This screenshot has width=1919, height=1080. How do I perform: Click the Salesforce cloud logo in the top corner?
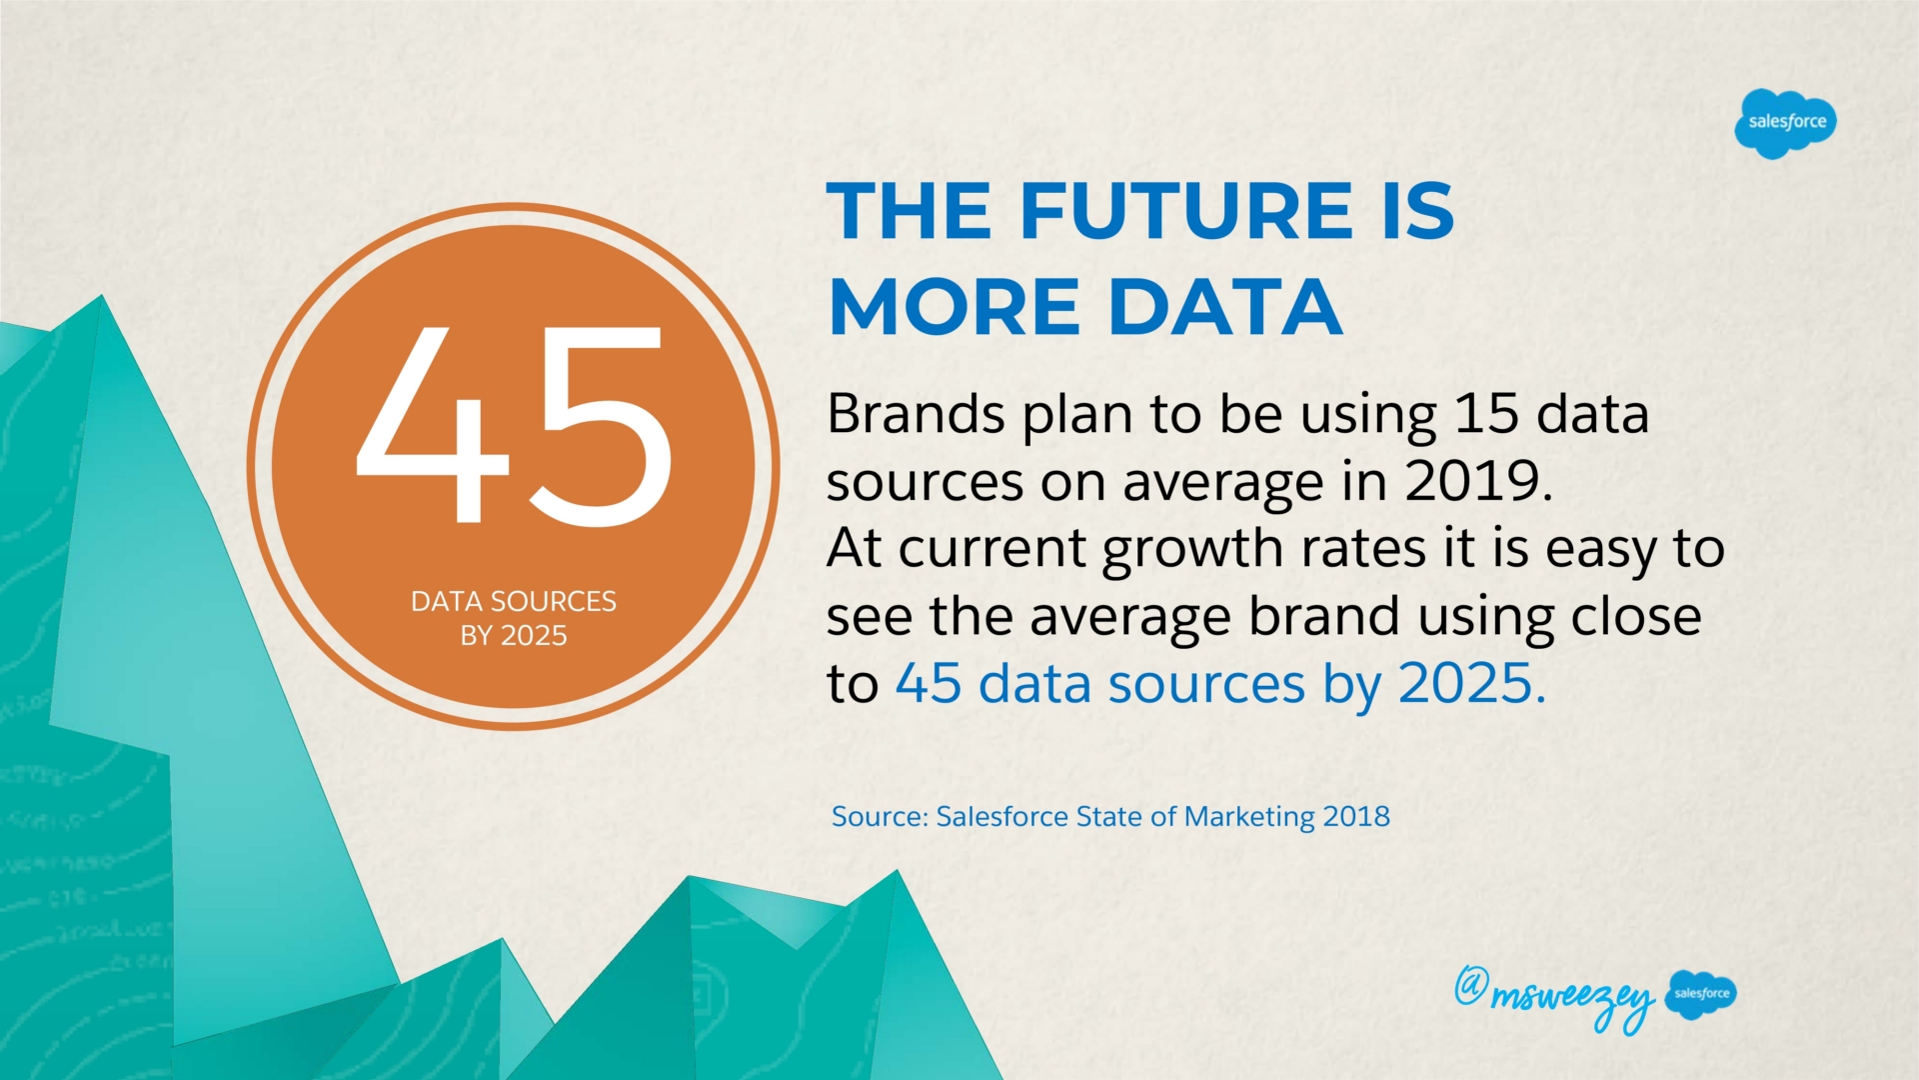click(1785, 123)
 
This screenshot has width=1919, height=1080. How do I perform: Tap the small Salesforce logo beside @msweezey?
click(1701, 994)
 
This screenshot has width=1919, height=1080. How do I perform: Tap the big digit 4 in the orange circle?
click(434, 425)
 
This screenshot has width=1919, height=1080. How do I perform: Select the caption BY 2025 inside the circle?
click(514, 636)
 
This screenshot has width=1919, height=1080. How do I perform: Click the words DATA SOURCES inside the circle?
click(514, 601)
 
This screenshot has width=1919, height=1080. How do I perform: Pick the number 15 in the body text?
click(1486, 414)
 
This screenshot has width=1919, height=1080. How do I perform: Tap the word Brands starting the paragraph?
click(916, 414)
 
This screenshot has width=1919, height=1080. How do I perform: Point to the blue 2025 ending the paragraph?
click(1464, 684)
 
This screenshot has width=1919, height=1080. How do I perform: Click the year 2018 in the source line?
click(1356, 817)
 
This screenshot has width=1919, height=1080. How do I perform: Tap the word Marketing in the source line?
click(1249, 818)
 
